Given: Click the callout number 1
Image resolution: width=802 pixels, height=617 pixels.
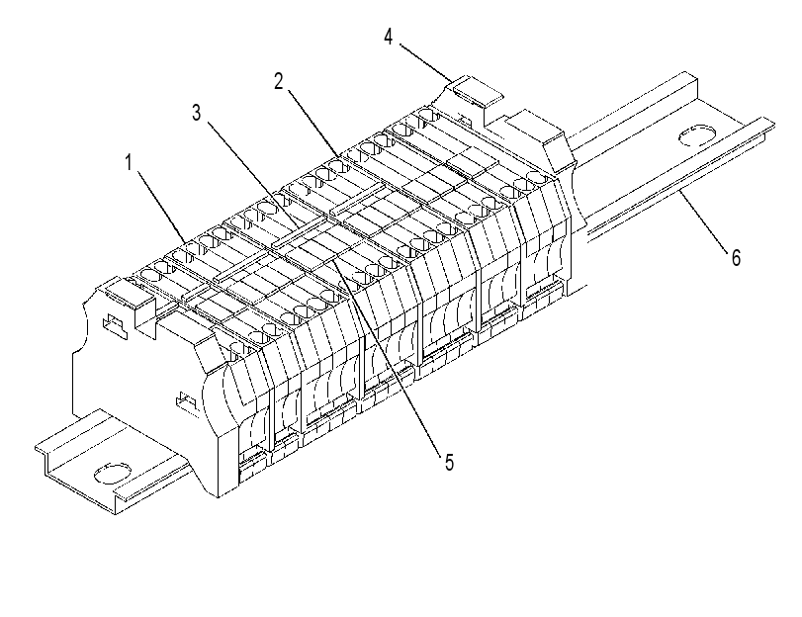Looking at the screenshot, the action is pyautogui.click(x=130, y=163).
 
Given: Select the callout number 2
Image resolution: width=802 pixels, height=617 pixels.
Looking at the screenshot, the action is pyautogui.click(x=279, y=81).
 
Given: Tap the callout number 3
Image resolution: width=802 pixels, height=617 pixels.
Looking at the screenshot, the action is pyautogui.click(x=197, y=113).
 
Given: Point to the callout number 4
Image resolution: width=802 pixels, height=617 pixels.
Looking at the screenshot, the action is pyautogui.click(x=389, y=37).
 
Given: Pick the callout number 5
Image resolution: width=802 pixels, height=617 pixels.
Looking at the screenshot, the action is pyautogui.click(x=449, y=463).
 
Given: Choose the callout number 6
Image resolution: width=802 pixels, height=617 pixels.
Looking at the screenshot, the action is pyautogui.click(x=736, y=257).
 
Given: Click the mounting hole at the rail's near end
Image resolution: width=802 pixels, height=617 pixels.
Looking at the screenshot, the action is pyautogui.click(x=113, y=474).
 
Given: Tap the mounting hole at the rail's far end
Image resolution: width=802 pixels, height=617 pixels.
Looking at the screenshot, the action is pyautogui.click(x=696, y=135).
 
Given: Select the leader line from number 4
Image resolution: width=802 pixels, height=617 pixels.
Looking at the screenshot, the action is pyautogui.click(x=425, y=63).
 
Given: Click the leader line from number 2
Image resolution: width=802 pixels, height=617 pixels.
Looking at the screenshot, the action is pyautogui.click(x=312, y=124).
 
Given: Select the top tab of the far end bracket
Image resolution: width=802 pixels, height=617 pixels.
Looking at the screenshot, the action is pyautogui.click(x=478, y=91).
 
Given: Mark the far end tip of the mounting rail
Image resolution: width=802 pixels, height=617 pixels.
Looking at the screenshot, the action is pyautogui.click(x=773, y=125).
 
